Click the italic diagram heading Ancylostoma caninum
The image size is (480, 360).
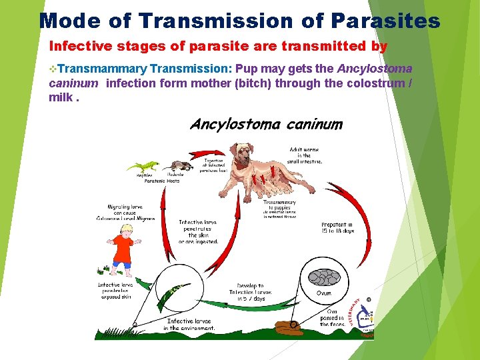(x=266, y=124)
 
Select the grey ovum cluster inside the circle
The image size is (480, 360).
(x=323, y=276)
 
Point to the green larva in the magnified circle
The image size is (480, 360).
(x=179, y=291)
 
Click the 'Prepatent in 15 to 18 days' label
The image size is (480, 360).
(x=337, y=227)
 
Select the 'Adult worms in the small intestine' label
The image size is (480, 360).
(x=305, y=155)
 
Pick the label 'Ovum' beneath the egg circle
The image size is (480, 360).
(x=323, y=293)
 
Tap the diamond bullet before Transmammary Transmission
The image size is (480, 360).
(x=53, y=69)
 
